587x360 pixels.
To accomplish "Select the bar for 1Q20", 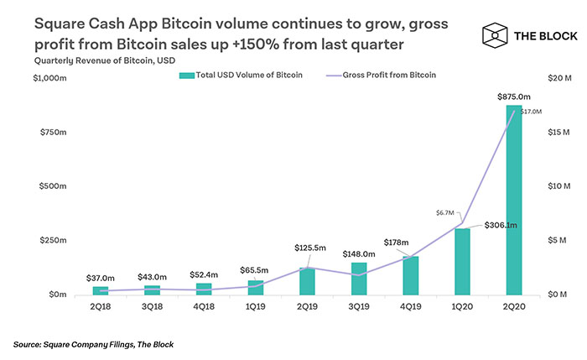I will [x=462, y=261].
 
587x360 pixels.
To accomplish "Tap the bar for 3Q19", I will [x=358, y=279].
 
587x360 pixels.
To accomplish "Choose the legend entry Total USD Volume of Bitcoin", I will [x=242, y=75].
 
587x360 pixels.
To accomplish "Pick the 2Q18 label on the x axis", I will [x=101, y=308].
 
